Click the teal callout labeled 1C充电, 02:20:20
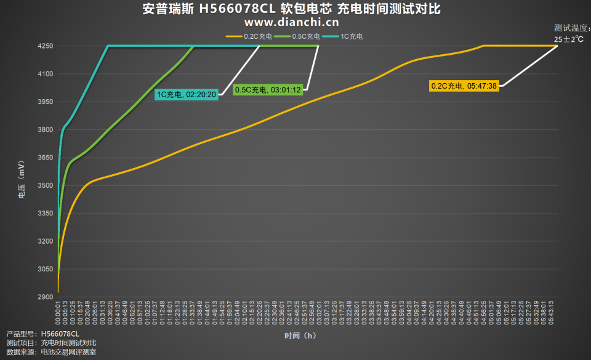click(186, 94)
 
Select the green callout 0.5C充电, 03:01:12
click(268, 90)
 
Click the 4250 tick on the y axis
click(45, 46)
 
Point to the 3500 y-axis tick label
click(45, 185)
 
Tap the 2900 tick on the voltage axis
click(45, 297)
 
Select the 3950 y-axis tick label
click(45, 102)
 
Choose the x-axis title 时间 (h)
click(300, 336)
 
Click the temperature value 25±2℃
click(568, 39)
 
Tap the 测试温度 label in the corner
click(571, 28)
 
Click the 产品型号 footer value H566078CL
click(60, 334)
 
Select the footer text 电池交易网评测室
click(68, 352)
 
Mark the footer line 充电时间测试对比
click(68, 343)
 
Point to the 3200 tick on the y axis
click(45, 241)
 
